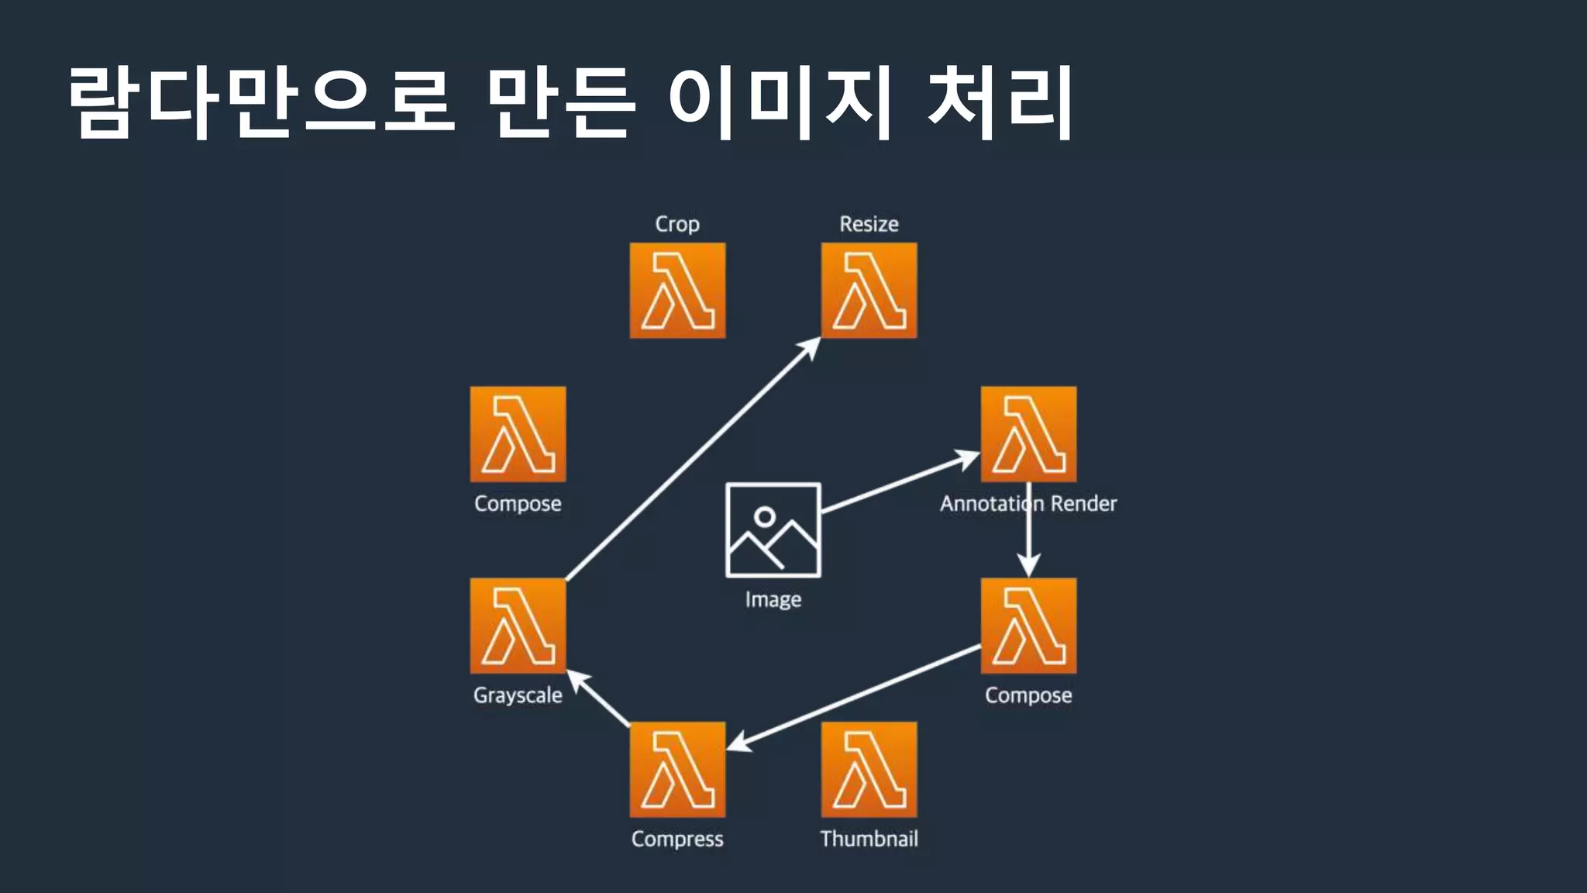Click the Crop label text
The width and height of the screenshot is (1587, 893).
(x=677, y=224)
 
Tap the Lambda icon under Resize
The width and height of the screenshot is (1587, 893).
(x=869, y=291)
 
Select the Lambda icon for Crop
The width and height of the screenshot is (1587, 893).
(x=677, y=291)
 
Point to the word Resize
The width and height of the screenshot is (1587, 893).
(x=869, y=224)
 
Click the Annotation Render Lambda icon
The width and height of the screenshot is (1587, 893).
(x=1028, y=434)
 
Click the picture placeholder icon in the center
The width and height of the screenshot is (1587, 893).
(x=773, y=530)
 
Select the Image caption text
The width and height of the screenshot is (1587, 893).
(x=773, y=599)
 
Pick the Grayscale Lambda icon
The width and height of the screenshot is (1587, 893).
(x=518, y=626)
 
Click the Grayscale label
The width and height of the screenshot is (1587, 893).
(x=518, y=695)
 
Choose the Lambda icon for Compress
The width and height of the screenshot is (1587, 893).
(x=677, y=769)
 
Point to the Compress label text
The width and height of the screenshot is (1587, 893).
(x=677, y=839)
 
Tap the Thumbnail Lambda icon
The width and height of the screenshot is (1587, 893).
(x=869, y=769)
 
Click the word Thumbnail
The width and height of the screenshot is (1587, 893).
(x=869, y=839)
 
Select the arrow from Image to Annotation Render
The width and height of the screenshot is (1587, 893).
(x=899, y=483)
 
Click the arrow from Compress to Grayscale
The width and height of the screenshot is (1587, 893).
(x=601, y=700)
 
